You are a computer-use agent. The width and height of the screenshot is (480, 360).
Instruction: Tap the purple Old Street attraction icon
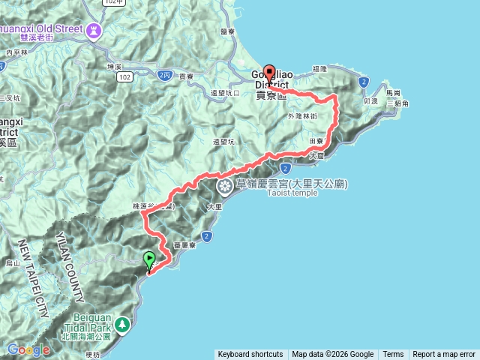[93, 31]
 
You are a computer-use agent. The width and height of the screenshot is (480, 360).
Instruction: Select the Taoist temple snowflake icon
[224, 184]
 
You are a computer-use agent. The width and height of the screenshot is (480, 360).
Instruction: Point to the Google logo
[28, 349]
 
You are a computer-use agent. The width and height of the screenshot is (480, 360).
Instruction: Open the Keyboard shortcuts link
[250, 355]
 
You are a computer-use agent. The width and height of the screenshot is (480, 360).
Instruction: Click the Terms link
[393, 355]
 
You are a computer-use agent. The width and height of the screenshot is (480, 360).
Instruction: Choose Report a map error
[444, 355]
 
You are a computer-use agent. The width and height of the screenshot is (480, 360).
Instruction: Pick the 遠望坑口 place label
[225, 93]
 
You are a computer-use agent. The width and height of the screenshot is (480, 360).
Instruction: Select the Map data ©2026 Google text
[333, 355]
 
